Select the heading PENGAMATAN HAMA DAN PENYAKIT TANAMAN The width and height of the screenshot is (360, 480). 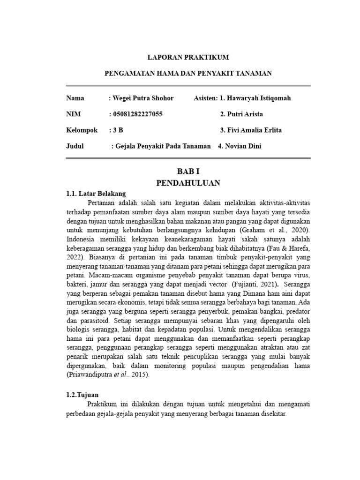tap(187, 74)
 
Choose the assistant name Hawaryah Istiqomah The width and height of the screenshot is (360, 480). tap(265, 98)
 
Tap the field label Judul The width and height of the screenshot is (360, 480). tap(75, 146)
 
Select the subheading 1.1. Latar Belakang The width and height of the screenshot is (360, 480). tap(96, 193)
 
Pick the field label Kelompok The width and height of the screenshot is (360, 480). tap(82, 130)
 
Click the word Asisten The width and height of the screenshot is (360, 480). tap(205, 98)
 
